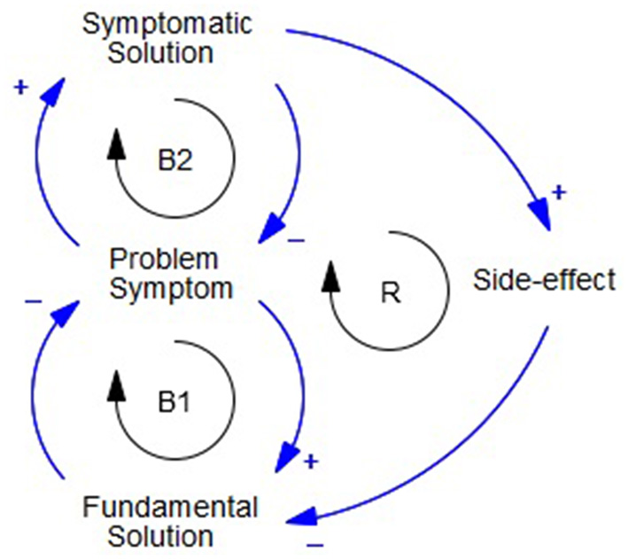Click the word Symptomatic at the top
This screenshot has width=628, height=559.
[x=167, y=23]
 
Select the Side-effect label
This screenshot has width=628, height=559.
[x=543, y=282]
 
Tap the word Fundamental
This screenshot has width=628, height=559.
[x=170, y=508]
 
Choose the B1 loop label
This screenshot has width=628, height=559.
[x=175, y=403]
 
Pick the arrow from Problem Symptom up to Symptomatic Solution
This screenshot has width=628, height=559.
[x=40, y=159]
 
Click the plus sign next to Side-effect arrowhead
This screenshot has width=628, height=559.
[x=559, y=191]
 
